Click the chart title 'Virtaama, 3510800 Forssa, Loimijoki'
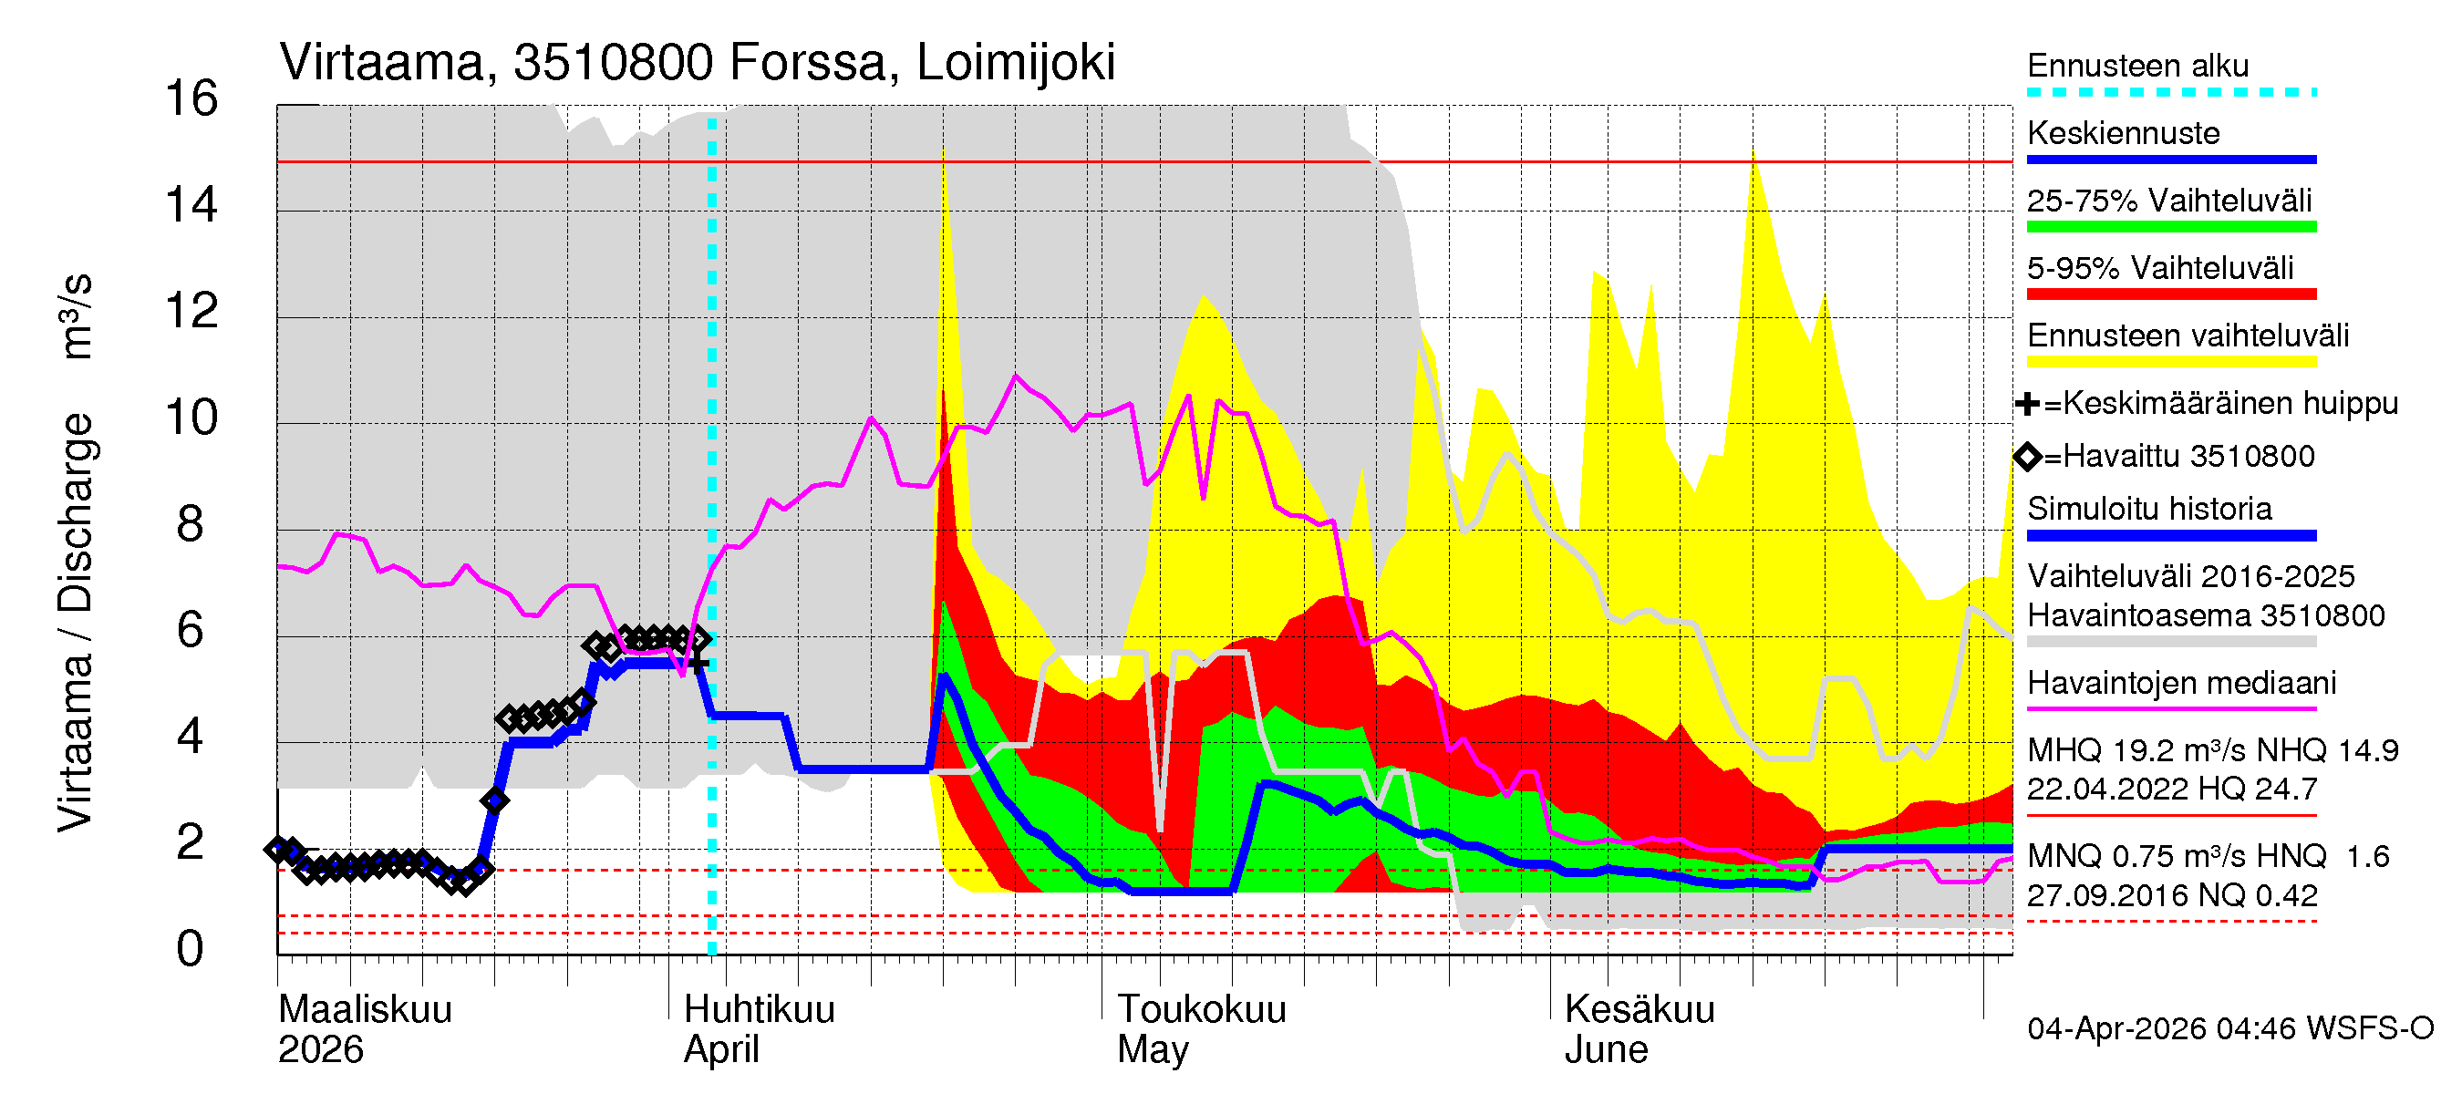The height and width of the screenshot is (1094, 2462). [697, 63]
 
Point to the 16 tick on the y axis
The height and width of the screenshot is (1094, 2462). [191, 99]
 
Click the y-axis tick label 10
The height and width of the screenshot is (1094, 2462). [191, 418]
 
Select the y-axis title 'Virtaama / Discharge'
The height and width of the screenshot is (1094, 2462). [76, 621]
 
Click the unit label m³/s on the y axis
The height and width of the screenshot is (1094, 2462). [76, 316]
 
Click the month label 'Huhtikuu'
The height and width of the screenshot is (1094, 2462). [759, 1009]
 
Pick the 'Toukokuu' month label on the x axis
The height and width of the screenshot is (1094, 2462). [1202, 1009]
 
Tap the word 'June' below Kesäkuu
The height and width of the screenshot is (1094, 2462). [1606, 1050]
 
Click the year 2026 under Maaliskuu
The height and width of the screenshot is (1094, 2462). [320, 1050]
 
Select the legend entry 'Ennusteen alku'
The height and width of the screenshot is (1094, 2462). [2137, 66]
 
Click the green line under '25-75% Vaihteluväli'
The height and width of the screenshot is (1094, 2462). [2170, 227]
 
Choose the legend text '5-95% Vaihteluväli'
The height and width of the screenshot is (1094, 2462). [2159, 268]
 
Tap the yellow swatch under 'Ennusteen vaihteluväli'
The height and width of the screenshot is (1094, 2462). [2170, 362]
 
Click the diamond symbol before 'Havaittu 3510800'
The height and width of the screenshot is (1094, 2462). [2027, 457]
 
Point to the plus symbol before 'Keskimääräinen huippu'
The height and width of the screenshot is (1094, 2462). [2026, 404]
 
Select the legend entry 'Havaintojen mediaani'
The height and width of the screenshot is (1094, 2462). [2181, 683]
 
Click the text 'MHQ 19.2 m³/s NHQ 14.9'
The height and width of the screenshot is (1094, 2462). [2211, 751]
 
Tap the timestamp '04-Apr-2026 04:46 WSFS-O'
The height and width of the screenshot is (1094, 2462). [2229, 1029]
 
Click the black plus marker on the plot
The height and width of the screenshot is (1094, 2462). [698, 662]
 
